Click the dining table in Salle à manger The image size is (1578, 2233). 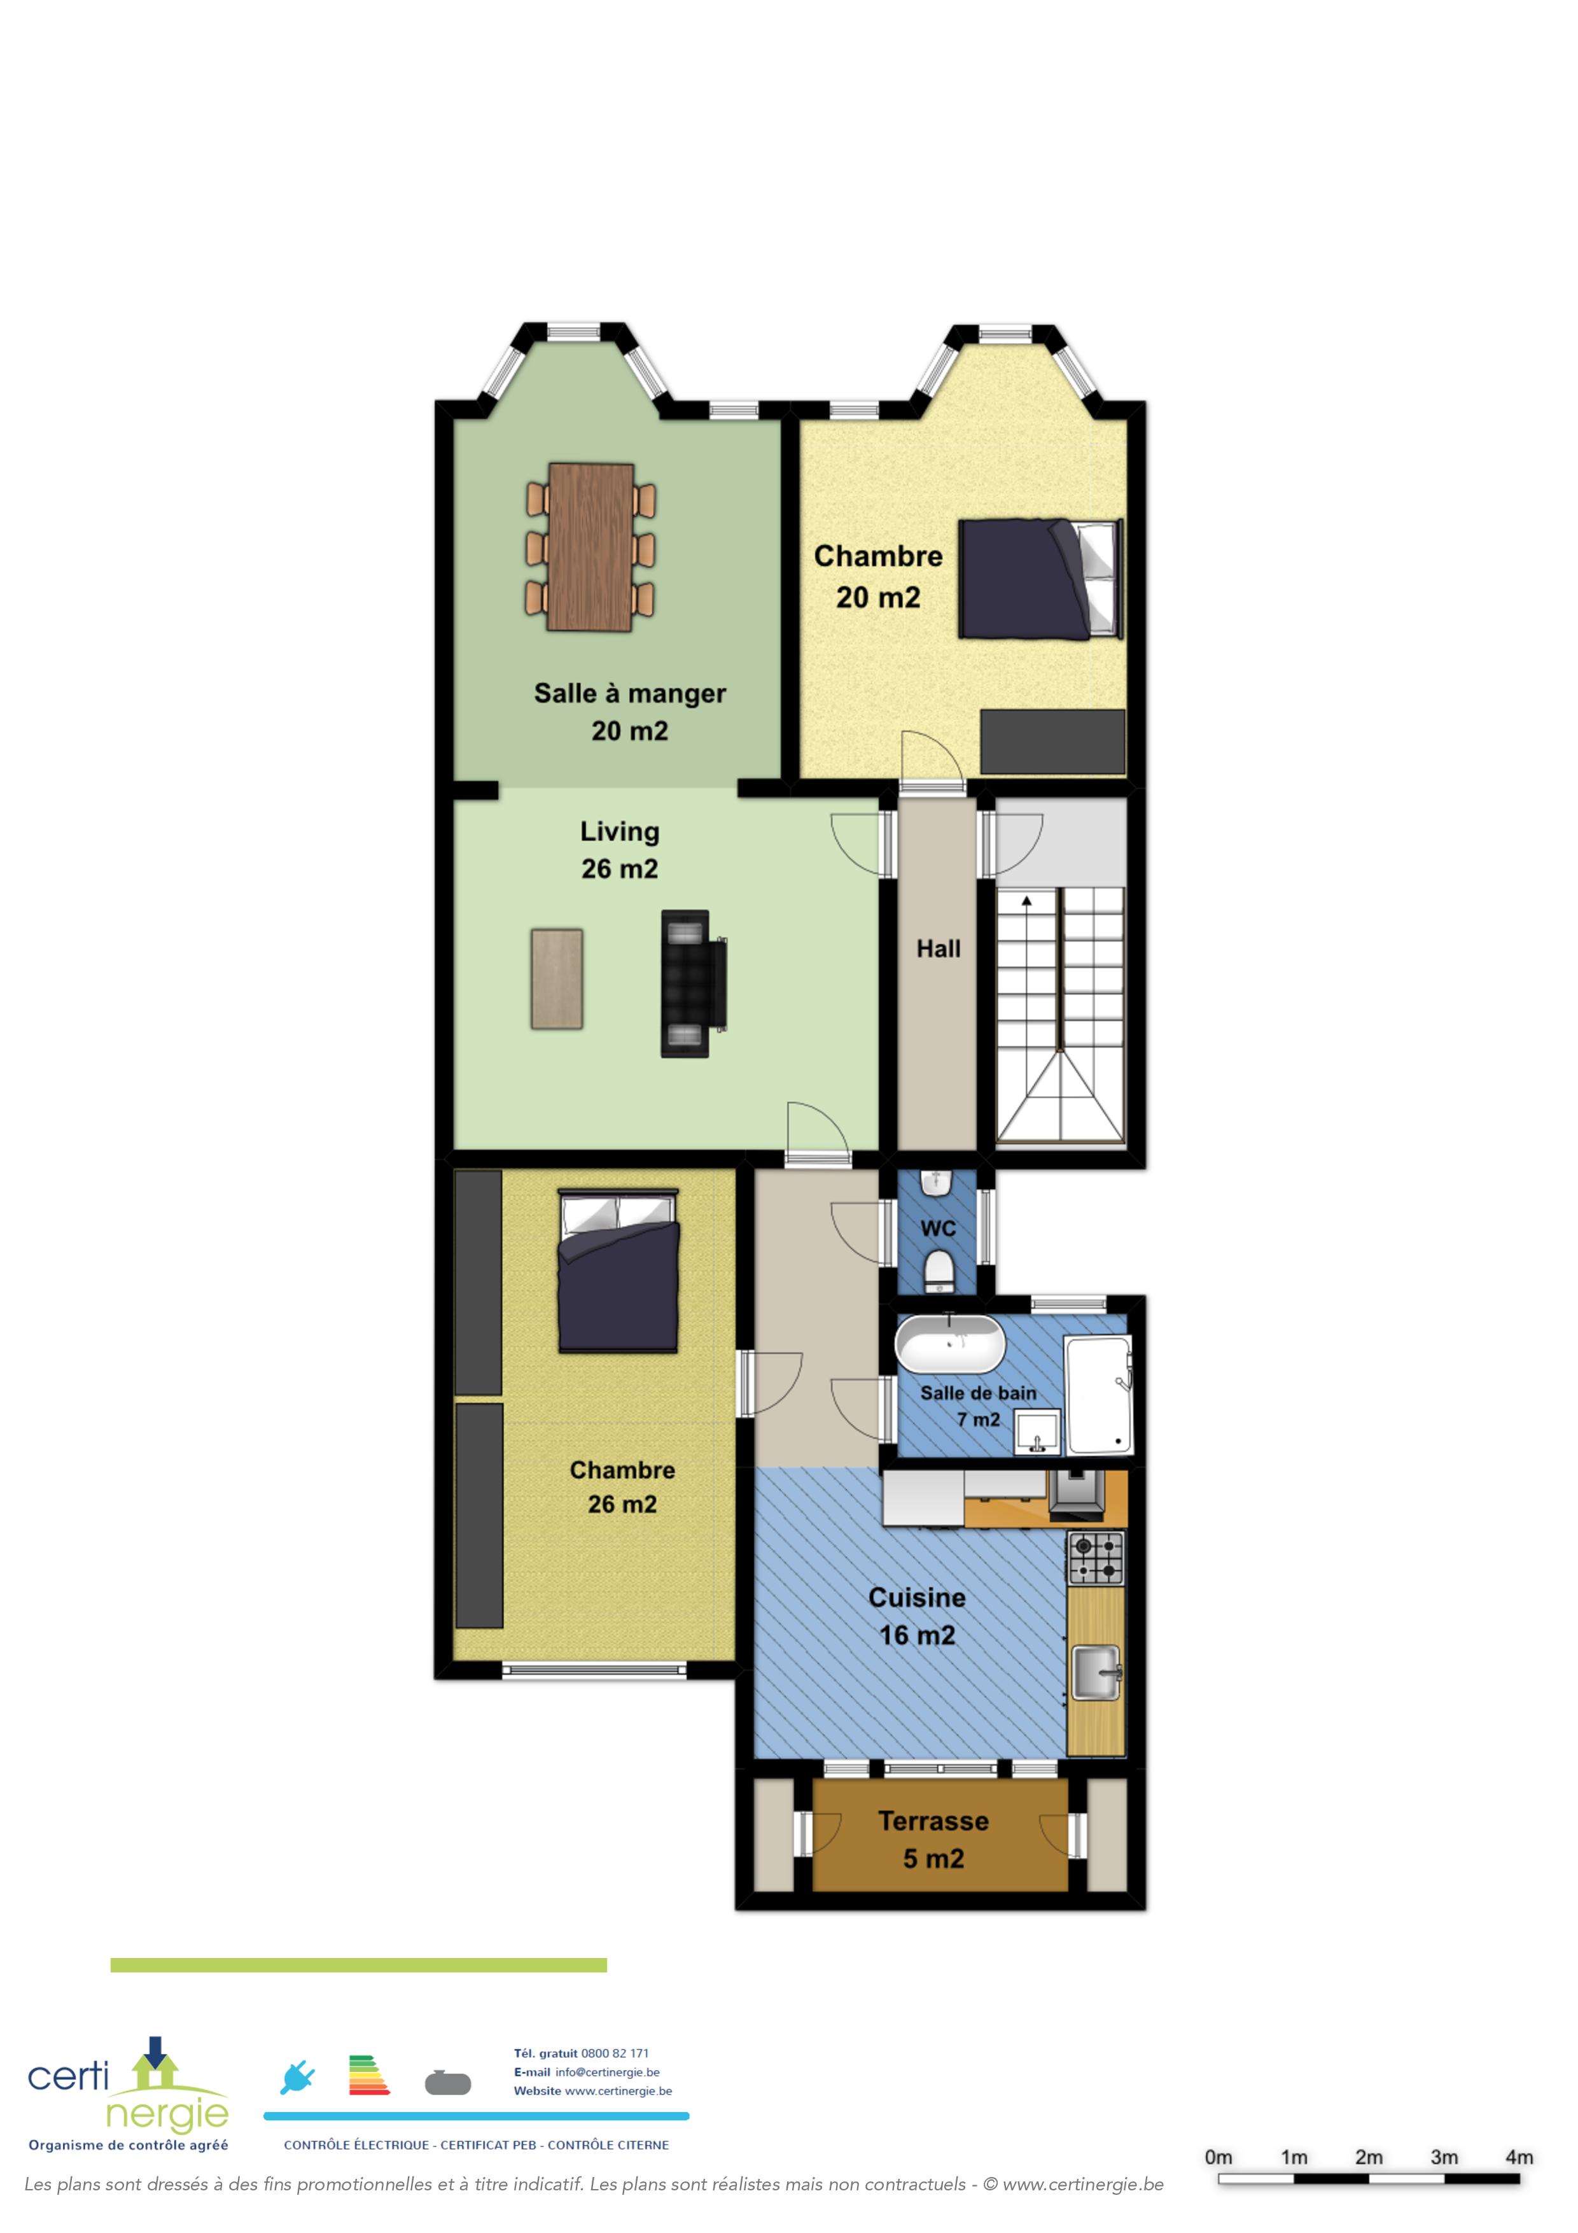coord(590,547)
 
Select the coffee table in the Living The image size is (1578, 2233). coord(557,978)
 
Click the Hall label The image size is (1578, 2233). coord(939,948)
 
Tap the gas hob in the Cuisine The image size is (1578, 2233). coord(1096,1558)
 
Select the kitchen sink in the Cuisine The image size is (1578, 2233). coord(1096,1673)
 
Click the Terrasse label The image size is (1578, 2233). coord(933,1821)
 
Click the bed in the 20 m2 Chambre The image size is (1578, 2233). coord(1040,579)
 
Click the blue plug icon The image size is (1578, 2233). coord(298,2078)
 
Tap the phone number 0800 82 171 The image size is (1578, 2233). coord(615,2053)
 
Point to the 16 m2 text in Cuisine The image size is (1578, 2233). coord(917,1635)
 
